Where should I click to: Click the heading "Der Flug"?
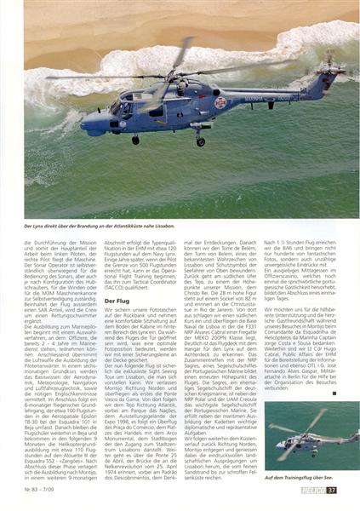click(x=117, y=301)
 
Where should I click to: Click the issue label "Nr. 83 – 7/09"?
click(x=37, y=491)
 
